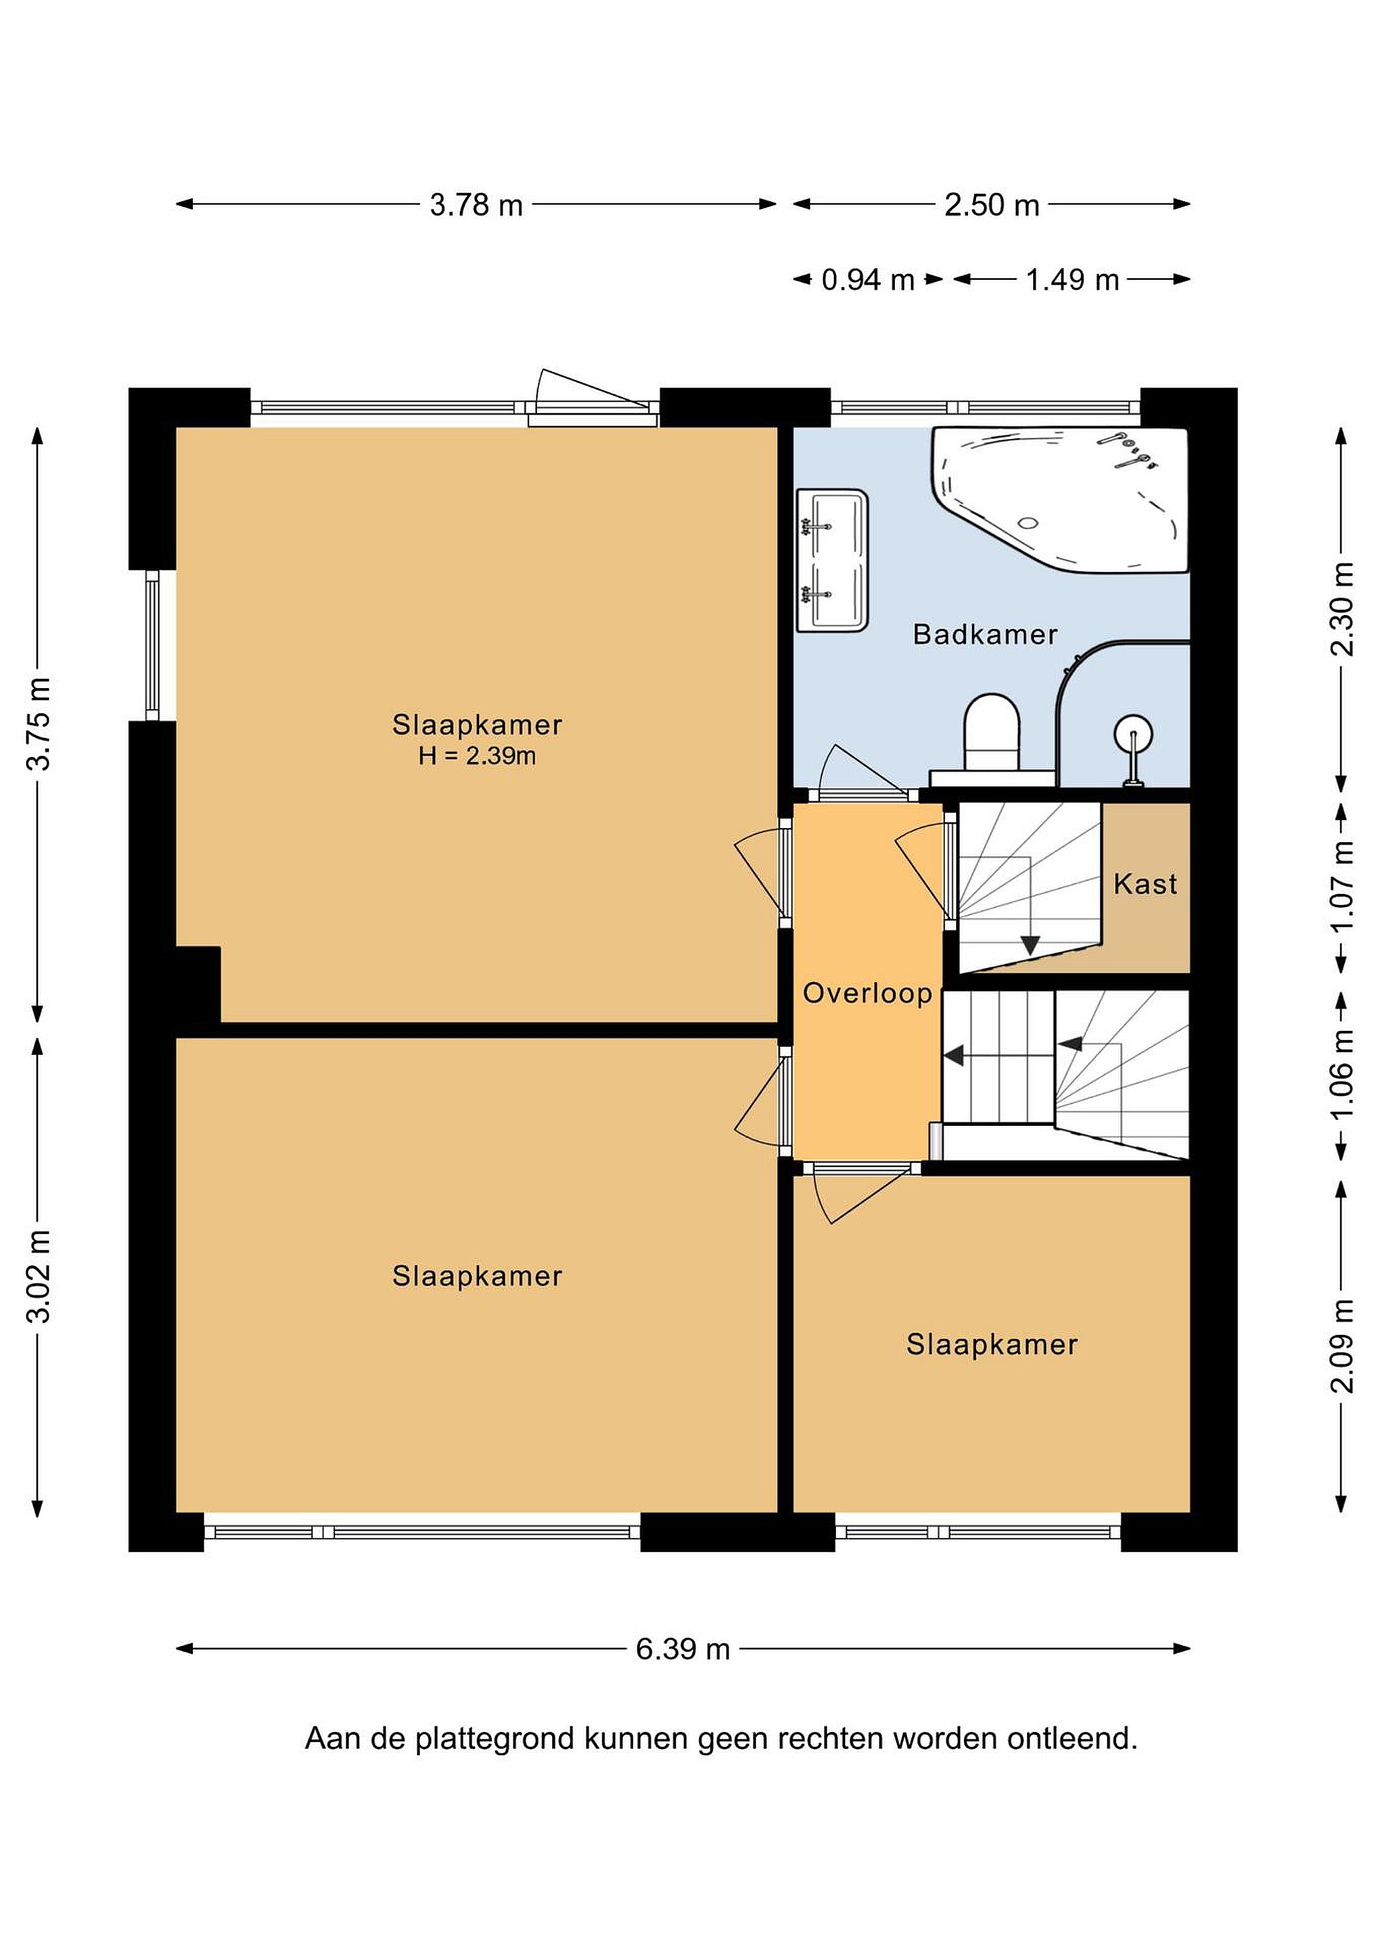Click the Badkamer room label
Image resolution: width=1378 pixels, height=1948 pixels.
coord(985,634)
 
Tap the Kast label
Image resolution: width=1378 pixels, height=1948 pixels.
coord(1145,884)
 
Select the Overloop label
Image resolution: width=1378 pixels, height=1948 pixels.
coord(867,993)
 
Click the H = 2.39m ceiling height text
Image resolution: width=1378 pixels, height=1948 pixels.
coord(477,755)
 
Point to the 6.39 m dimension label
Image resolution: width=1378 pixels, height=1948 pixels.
coord(683,1648)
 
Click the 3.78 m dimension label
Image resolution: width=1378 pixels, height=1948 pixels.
coord(476,204)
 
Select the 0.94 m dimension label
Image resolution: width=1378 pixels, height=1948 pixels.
coord(868,279)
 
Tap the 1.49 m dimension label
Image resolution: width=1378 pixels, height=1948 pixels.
coord(1072,279)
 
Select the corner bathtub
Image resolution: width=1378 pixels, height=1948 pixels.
coord(1060,500)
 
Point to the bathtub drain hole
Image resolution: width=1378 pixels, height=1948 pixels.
coord(1028,523)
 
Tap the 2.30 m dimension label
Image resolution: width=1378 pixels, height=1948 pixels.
coord(1341,609)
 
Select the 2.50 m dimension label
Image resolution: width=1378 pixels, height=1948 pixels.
coord(992,204)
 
